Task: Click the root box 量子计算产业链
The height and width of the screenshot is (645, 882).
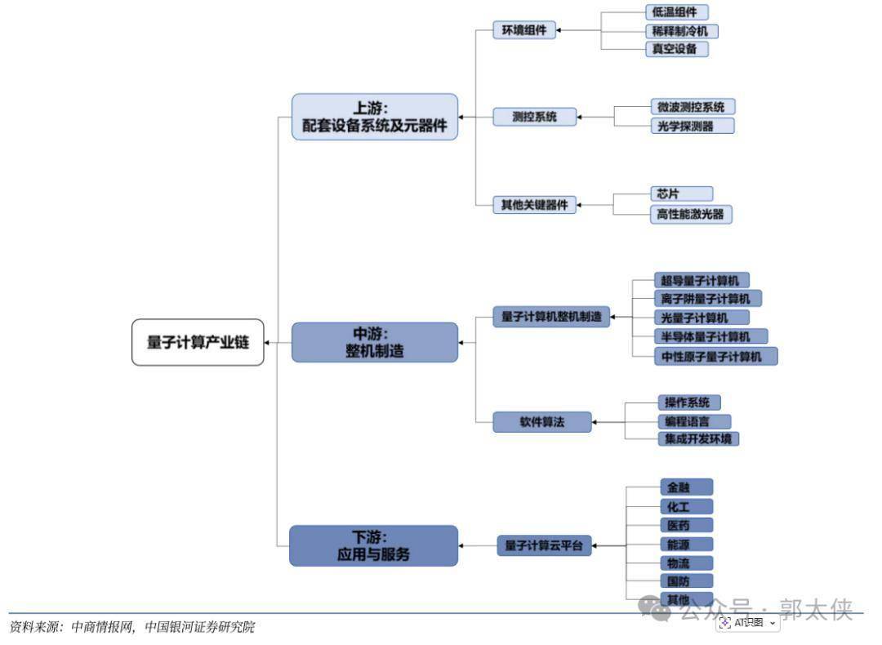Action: point(198,342)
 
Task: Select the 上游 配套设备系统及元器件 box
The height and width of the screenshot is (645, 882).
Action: point(375,117)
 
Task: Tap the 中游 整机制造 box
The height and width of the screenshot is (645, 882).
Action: point(375,342)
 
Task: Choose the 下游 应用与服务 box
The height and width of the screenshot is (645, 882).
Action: point(373,545)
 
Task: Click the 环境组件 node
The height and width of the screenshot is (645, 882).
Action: point(523,31)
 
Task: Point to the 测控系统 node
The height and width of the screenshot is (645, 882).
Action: point(534,117)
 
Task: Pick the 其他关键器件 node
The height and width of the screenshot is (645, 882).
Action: point(534,205)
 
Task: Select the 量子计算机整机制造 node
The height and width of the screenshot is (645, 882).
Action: point(551,317)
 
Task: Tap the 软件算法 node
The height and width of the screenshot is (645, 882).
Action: point(542,422)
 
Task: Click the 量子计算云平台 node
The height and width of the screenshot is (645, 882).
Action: point(544,545)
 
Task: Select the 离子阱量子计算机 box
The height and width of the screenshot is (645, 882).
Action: point(708,298)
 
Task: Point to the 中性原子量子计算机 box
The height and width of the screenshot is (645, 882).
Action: point(716,356)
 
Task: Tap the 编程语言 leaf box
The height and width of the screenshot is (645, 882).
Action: point(694,421)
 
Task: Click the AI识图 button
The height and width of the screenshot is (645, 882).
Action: point(748,623)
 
